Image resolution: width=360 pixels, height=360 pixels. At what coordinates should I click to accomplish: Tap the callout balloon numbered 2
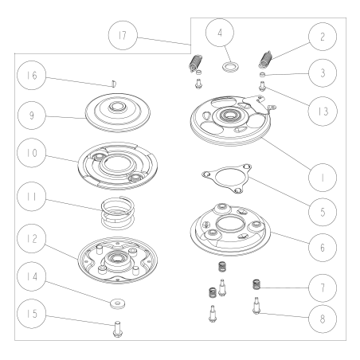322,37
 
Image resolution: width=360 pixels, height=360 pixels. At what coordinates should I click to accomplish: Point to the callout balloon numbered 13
322,112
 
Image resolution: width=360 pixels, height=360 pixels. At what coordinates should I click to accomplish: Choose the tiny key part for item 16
113,80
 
